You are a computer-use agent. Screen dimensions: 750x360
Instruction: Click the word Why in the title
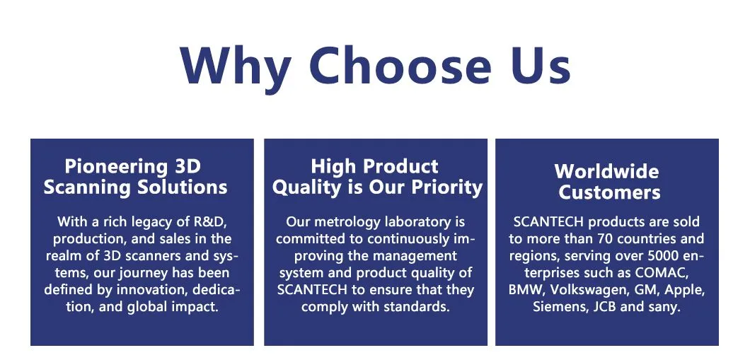[x=236, y=66]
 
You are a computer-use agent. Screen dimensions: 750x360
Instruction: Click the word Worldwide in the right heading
[x=606, y=171]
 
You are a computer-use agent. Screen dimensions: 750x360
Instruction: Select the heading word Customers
[x=609, y=192]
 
